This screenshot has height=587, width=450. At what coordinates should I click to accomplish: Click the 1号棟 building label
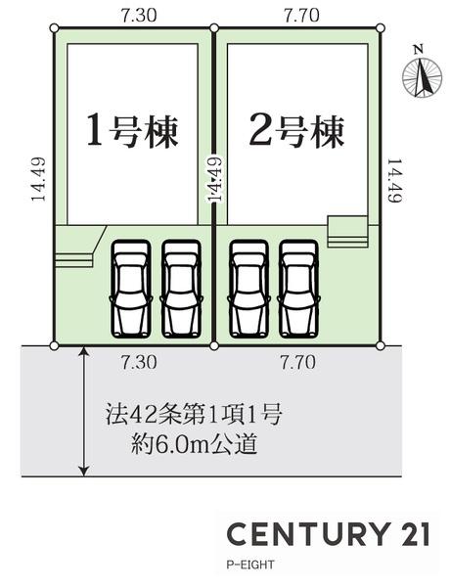tap(132, 130)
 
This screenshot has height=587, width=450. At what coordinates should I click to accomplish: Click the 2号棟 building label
tap(296, 130)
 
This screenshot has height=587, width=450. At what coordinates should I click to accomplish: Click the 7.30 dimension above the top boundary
tap(139, 16)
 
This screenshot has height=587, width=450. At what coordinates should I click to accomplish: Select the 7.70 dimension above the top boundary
tap(301, 16)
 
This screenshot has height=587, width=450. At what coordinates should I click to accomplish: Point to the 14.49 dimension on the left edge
tap(38, 179)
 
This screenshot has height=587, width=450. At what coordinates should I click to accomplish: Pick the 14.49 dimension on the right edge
tap(394, 180)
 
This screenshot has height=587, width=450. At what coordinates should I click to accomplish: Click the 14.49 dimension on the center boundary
tap(215, 179)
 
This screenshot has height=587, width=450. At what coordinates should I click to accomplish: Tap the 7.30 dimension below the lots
tap(139, 362)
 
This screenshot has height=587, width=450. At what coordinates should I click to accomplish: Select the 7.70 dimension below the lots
tap(298, 362)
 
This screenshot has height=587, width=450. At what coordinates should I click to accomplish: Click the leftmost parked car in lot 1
tap(131, 289)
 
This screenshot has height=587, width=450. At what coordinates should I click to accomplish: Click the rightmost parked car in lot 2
tap(298, 289)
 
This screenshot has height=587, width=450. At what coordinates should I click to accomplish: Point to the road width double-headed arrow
tap(85, 411)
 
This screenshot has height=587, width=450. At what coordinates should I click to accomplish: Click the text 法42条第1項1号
tap(193, 415)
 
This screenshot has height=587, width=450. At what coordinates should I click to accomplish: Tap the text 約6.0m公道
tap(194, 445)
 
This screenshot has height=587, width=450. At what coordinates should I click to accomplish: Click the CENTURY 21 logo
tap(328, 534)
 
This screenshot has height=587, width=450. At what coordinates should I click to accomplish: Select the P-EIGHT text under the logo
tap(250, 564)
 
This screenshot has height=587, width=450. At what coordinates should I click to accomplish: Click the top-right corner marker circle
tap(380, 27)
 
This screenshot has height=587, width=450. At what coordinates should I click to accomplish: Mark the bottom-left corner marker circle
tap(54, 345)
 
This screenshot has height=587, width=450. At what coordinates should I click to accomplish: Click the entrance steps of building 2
tap(347, 232)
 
